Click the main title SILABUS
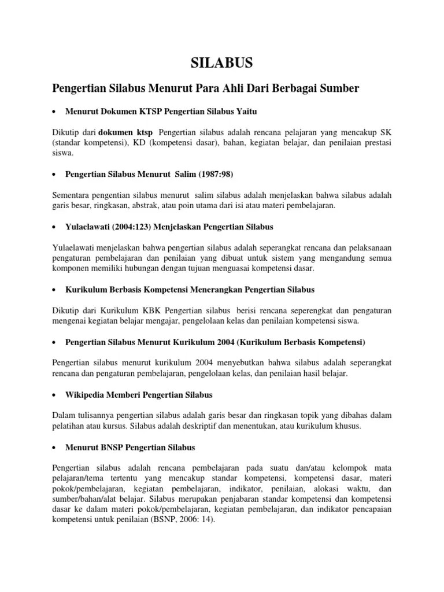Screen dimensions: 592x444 pos(222,62)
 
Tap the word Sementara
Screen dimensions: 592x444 pos(72,194)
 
